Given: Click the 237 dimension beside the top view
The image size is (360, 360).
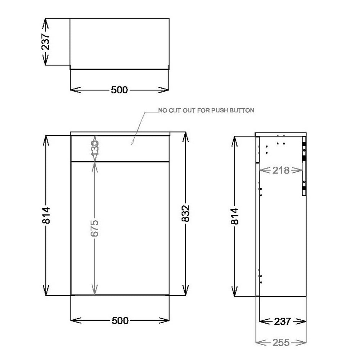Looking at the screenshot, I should click(46, 42).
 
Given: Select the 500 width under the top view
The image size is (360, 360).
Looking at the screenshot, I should click(119, 90).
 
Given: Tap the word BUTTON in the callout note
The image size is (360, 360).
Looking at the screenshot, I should click(243, 111).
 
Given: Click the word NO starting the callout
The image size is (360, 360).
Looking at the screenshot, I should click(162, 111).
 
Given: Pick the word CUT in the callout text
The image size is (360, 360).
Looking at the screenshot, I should click(174, 111).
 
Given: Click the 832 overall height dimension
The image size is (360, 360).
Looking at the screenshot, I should click(186, 215).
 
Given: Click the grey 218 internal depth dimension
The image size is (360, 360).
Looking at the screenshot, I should click(281, 170).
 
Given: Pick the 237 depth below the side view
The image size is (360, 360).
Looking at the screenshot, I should click(282, 321).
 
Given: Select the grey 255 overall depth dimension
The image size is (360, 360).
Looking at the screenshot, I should click(281, 342).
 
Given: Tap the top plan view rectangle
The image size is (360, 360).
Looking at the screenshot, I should click(119, 42).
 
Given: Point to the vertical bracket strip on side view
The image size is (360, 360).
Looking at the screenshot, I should click(304, 169).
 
